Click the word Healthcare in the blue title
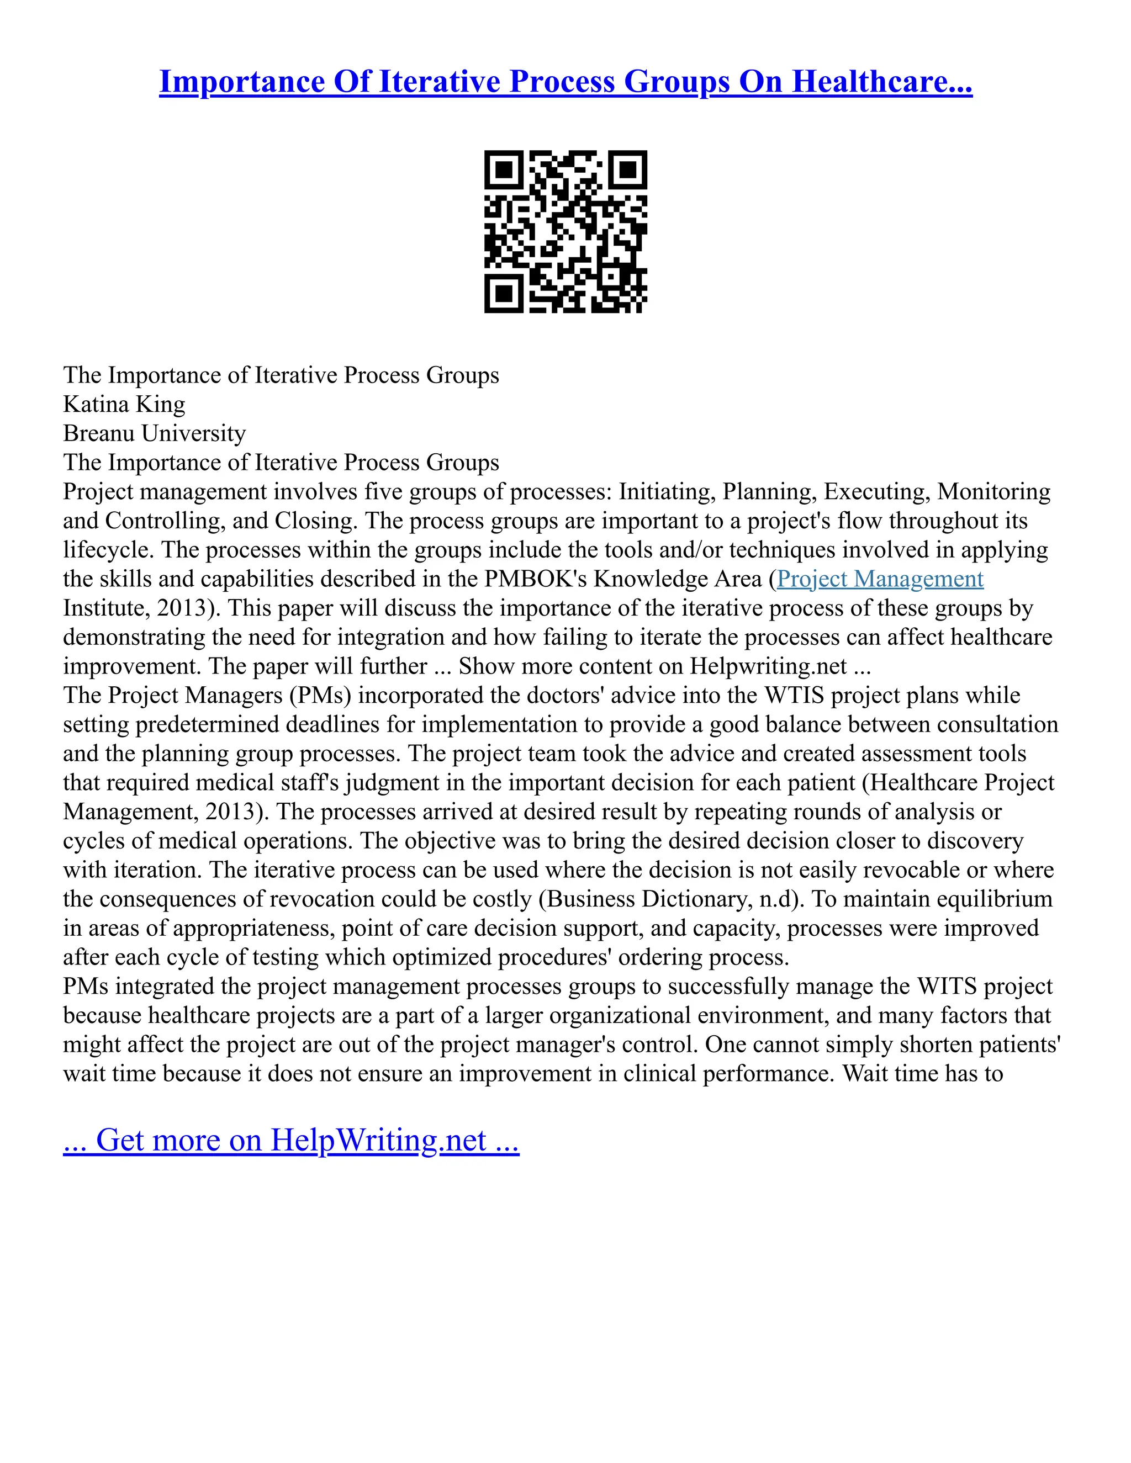pos(882,82)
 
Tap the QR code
pos(565,231)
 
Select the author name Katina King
pos(124,404)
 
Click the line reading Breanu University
pos(154,433)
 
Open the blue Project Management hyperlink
pos(880,579)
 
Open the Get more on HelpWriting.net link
pos(291,1139)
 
